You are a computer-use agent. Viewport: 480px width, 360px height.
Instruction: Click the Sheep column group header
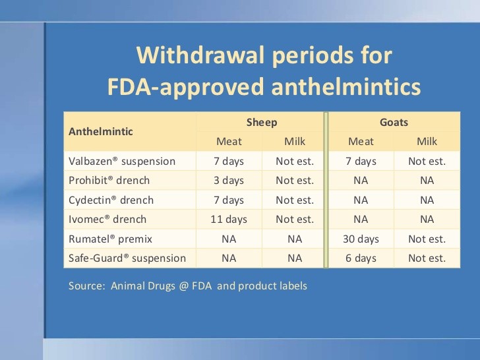click(x=262, y=123)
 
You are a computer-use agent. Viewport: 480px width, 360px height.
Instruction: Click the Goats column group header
click(x=394, y=123)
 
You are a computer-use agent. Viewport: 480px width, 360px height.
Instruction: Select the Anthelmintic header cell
click(x=100, y=131)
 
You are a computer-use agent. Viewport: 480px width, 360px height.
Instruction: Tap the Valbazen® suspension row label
click(x=122, y=161)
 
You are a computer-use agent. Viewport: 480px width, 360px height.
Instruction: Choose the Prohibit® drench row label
click(x=109, y=180)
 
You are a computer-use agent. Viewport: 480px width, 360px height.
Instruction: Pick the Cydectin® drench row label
click(x=111, y=200)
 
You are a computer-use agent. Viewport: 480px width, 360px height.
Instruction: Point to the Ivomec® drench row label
click(x=107, y=219)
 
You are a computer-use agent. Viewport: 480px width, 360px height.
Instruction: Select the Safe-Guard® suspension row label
click(x=127, y=258)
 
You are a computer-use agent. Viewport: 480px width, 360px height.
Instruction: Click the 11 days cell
click(x=229, y=219)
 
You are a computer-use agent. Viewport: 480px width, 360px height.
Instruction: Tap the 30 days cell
click(x=361, y=239)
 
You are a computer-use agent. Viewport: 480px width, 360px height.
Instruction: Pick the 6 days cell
click(x=361, y=258)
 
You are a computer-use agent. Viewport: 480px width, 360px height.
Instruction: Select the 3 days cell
click(x=229, y=180)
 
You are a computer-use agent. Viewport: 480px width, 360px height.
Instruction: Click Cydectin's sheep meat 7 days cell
click(x=229, y=200)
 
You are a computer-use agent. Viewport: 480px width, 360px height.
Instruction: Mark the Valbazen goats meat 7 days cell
click(x=361, y=161)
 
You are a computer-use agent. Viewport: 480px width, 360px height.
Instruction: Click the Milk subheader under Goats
click(x=427, y=141)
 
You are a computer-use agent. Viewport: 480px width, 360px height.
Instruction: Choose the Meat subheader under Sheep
click(x=229, y=141)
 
